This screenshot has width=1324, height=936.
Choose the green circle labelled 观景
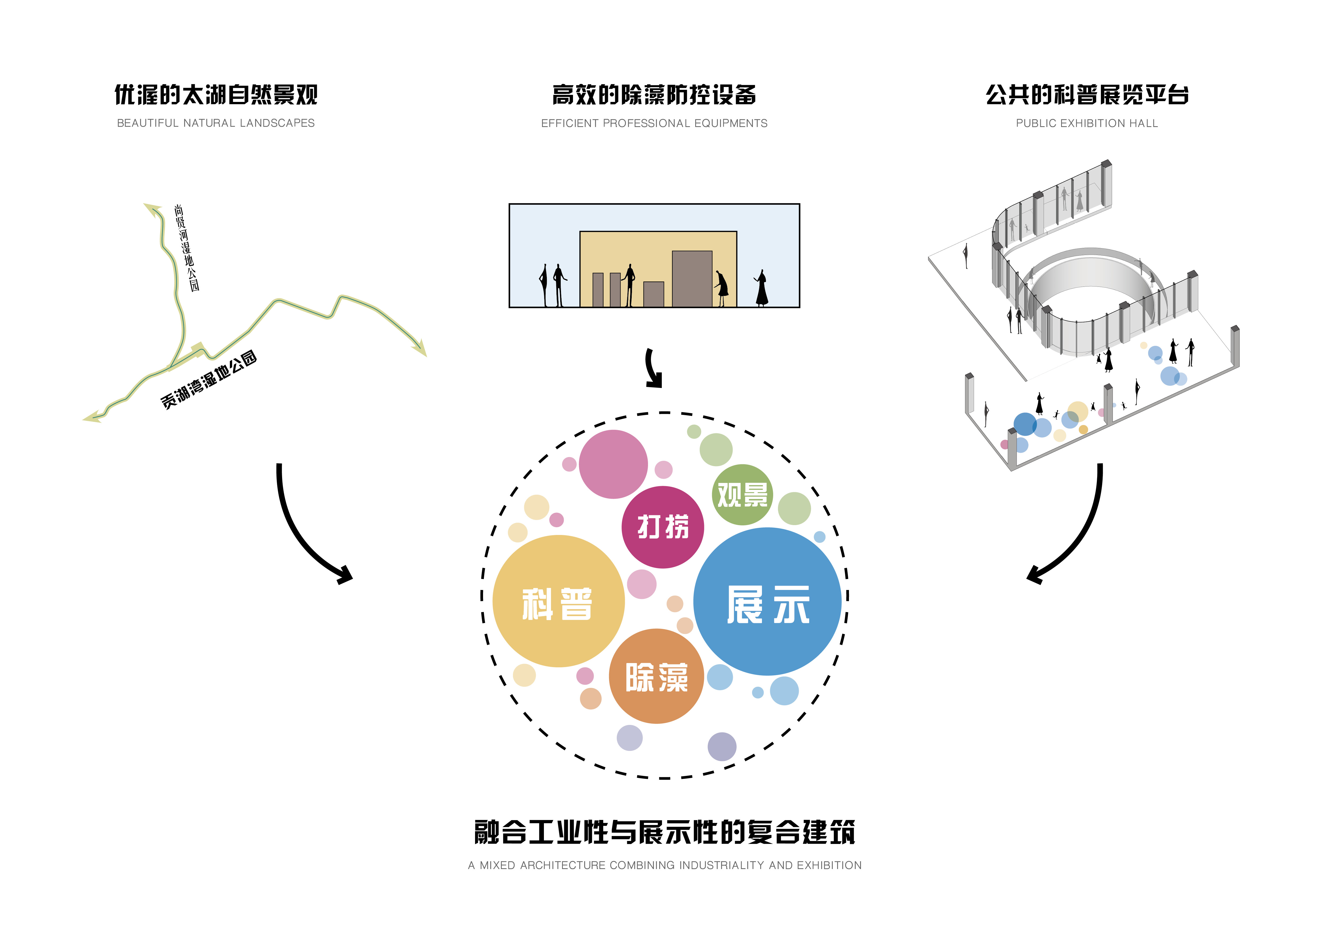(x=742, y=494)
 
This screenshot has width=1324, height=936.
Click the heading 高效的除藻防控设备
(x=654, y=95)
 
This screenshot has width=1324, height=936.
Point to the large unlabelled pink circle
(x=613, y=464)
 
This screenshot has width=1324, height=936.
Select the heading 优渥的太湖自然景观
(x=216, y=95)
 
